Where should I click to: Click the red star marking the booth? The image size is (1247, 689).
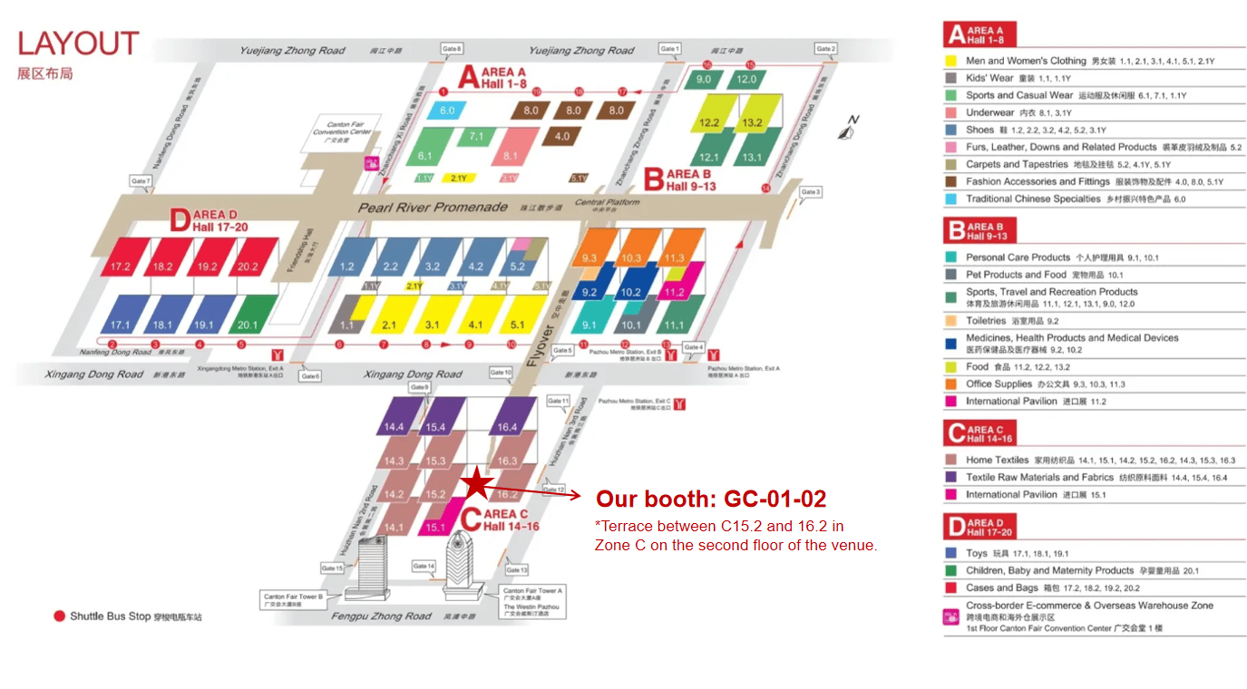point(477,483)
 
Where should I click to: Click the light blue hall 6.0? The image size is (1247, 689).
point(447,111)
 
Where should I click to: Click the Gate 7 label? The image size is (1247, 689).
point(141,181)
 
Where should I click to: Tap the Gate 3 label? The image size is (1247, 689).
point(811,192)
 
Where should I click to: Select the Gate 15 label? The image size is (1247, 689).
point(332,568)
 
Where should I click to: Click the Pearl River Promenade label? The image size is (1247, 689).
point(433,208)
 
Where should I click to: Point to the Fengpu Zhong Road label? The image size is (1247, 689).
point(381,616)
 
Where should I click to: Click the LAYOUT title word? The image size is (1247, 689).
point(78,44)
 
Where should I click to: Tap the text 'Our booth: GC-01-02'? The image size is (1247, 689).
point(710,499)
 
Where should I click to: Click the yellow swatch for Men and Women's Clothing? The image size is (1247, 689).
point(950,61)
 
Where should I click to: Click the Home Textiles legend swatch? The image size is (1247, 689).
point(950,460)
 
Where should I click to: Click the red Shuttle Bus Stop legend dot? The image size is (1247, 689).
point(60,616)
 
